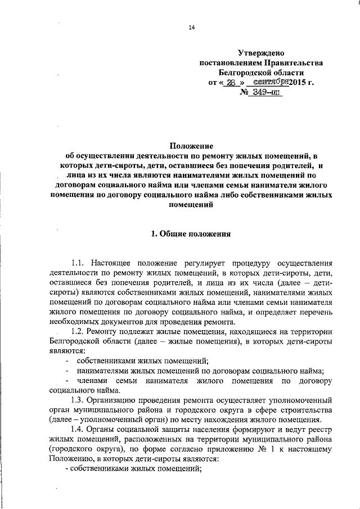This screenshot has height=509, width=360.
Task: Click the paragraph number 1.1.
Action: [77, 263]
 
